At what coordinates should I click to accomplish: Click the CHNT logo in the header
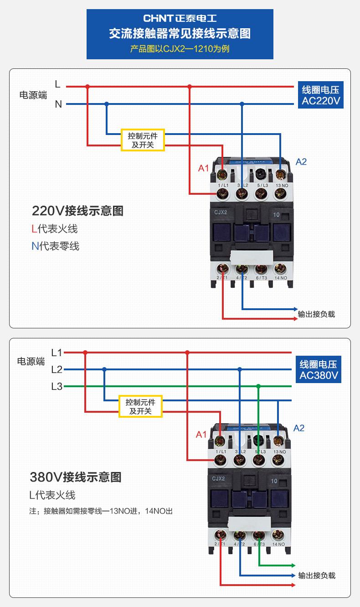point(180,19)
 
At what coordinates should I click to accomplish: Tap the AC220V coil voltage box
point(321,95)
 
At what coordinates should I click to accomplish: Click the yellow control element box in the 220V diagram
point(143,140)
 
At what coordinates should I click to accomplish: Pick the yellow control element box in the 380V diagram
point(140,406)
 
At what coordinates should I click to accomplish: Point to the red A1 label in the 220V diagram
point(203,168)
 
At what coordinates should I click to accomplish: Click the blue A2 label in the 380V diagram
point(299,428)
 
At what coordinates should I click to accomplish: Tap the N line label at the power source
point(58,104)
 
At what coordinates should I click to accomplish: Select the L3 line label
point(57,387)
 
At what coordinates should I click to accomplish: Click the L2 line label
point(57,369)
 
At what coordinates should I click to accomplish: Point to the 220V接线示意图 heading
point(77,211)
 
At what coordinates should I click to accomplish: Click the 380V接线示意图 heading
point(76,477)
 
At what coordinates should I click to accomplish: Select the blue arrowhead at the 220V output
point(295,309)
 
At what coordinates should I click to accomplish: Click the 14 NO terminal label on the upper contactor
point(281,278)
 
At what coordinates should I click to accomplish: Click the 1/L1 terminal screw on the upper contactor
point(223,194)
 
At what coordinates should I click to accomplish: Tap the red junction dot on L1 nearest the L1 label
point(85,353)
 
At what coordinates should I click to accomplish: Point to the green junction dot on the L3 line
point(258,387)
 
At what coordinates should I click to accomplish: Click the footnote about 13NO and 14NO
point(101,511)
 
